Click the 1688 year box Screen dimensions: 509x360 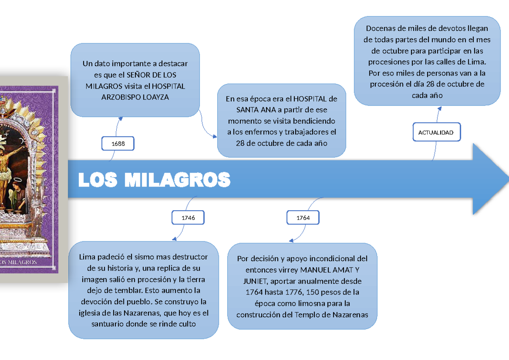(x=118, y=143)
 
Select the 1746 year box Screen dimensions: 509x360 (x=188, y=218)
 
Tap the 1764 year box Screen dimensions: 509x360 (x=303, y=218)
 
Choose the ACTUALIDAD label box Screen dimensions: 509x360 (x=436, y=132)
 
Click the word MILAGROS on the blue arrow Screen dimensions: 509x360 (x=177, y=180)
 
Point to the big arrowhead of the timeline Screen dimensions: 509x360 (x=491, y=179)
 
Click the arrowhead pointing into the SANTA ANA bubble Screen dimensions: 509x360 (x=214, y=137)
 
